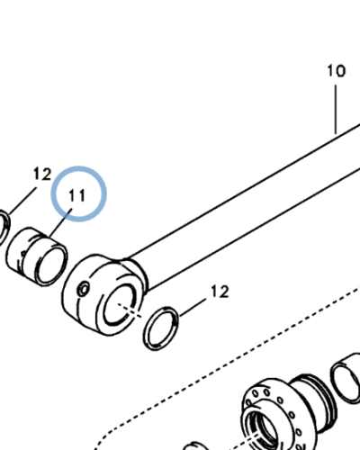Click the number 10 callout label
(335, 69)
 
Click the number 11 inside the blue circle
(76, 194)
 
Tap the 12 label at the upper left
(41, 173)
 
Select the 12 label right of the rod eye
(219, 292)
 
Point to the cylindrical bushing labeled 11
(37, 254)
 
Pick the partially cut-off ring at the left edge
(4, 224)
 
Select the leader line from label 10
(336, 108)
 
